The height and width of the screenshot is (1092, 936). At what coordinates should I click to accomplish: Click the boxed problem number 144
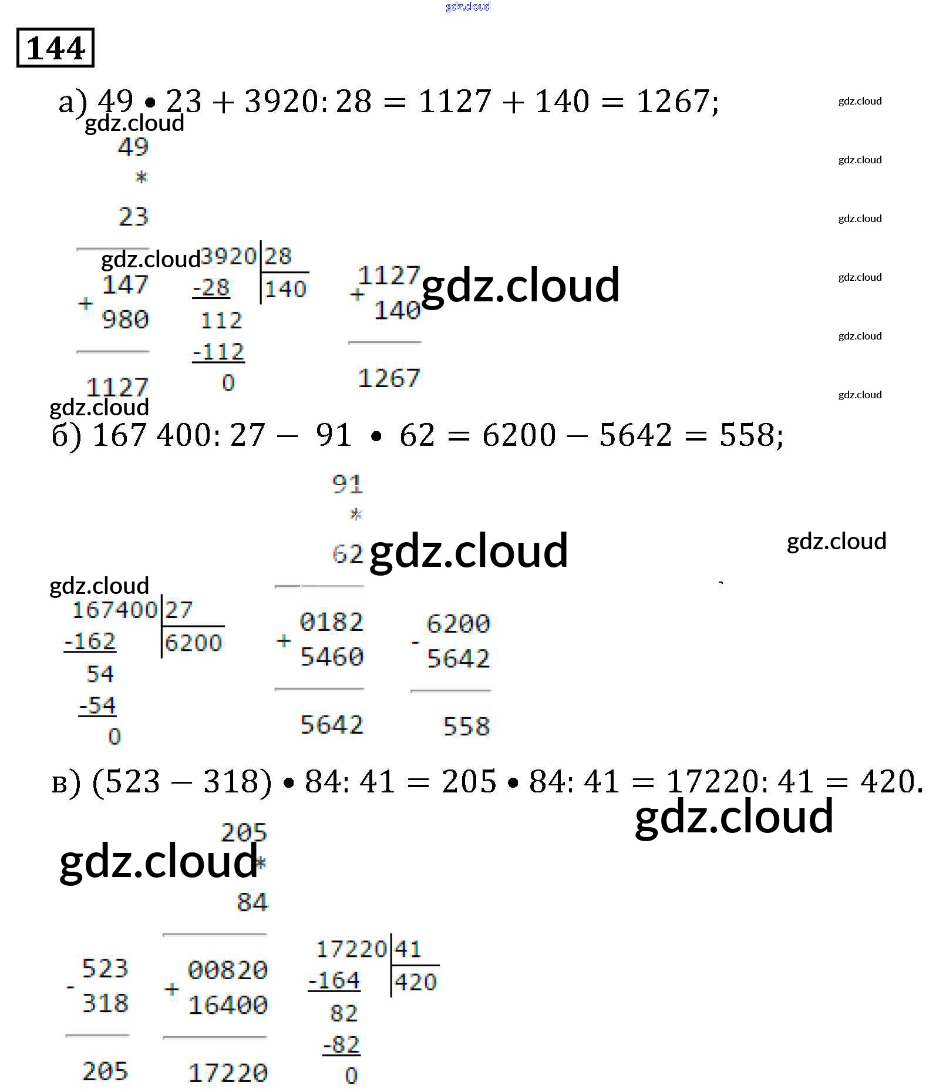pos(55,48)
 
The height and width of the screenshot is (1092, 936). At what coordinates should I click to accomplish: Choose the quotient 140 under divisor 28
pos(285,289)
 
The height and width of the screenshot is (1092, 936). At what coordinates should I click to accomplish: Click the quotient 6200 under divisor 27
pos(193,643)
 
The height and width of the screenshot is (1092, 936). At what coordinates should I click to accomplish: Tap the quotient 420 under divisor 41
pos(416,982)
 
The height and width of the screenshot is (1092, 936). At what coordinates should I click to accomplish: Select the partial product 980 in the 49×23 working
pos(125,320)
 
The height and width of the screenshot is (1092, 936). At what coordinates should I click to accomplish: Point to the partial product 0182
pos(331,622)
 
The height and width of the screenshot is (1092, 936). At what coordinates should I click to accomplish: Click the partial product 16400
pos(228,1005)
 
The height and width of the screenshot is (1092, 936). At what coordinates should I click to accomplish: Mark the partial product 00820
pos(228,970)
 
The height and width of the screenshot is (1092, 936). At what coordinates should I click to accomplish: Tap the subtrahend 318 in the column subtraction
pos(105,1003)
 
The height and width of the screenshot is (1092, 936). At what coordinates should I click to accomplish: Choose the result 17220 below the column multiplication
pos(228,1073)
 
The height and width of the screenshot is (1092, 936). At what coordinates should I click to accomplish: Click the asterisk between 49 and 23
pos(141,177)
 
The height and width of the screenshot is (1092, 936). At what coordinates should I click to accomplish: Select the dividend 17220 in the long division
pos(351,949)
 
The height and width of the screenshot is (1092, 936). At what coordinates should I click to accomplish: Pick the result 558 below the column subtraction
pos(466,727)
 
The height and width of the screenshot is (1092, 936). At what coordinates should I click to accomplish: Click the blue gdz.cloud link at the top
pos(468,6)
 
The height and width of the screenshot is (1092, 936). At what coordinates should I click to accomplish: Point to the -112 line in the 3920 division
pos(218,352)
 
